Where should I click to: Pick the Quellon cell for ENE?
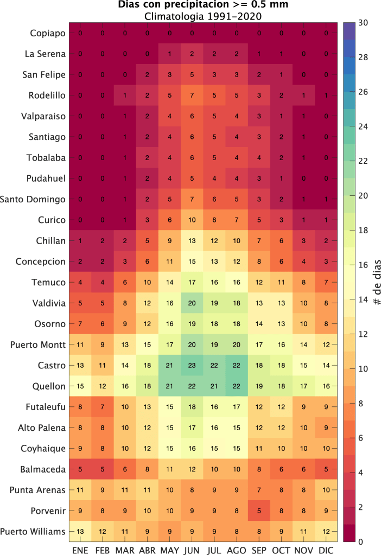point(80,386)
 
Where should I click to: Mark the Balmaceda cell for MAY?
point(169,469)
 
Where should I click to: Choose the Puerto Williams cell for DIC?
point(325,531)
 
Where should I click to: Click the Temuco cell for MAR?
point(124,283)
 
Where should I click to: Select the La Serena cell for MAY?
point(169,54)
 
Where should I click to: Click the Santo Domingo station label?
point(33,200)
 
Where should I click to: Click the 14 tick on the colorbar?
point(363,299)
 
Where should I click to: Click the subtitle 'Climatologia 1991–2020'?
point(203,16)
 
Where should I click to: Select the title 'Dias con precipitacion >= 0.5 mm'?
point(203,5)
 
